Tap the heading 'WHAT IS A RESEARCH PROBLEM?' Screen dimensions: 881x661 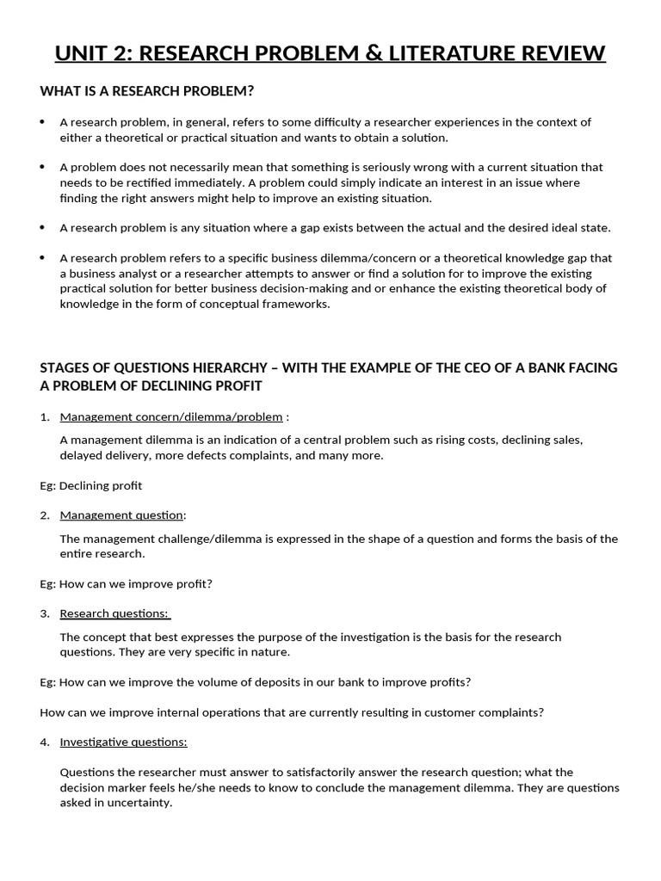pos(147,91)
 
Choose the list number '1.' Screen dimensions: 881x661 pos(45,417)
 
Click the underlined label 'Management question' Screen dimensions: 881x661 pos(121,515)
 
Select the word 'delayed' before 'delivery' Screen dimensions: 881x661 pos(80,455)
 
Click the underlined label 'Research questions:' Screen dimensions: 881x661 pos(114,613)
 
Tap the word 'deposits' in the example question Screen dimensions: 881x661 pos(263,682)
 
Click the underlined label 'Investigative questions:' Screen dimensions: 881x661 pos(123,742)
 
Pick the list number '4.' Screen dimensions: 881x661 pos(45,742)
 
